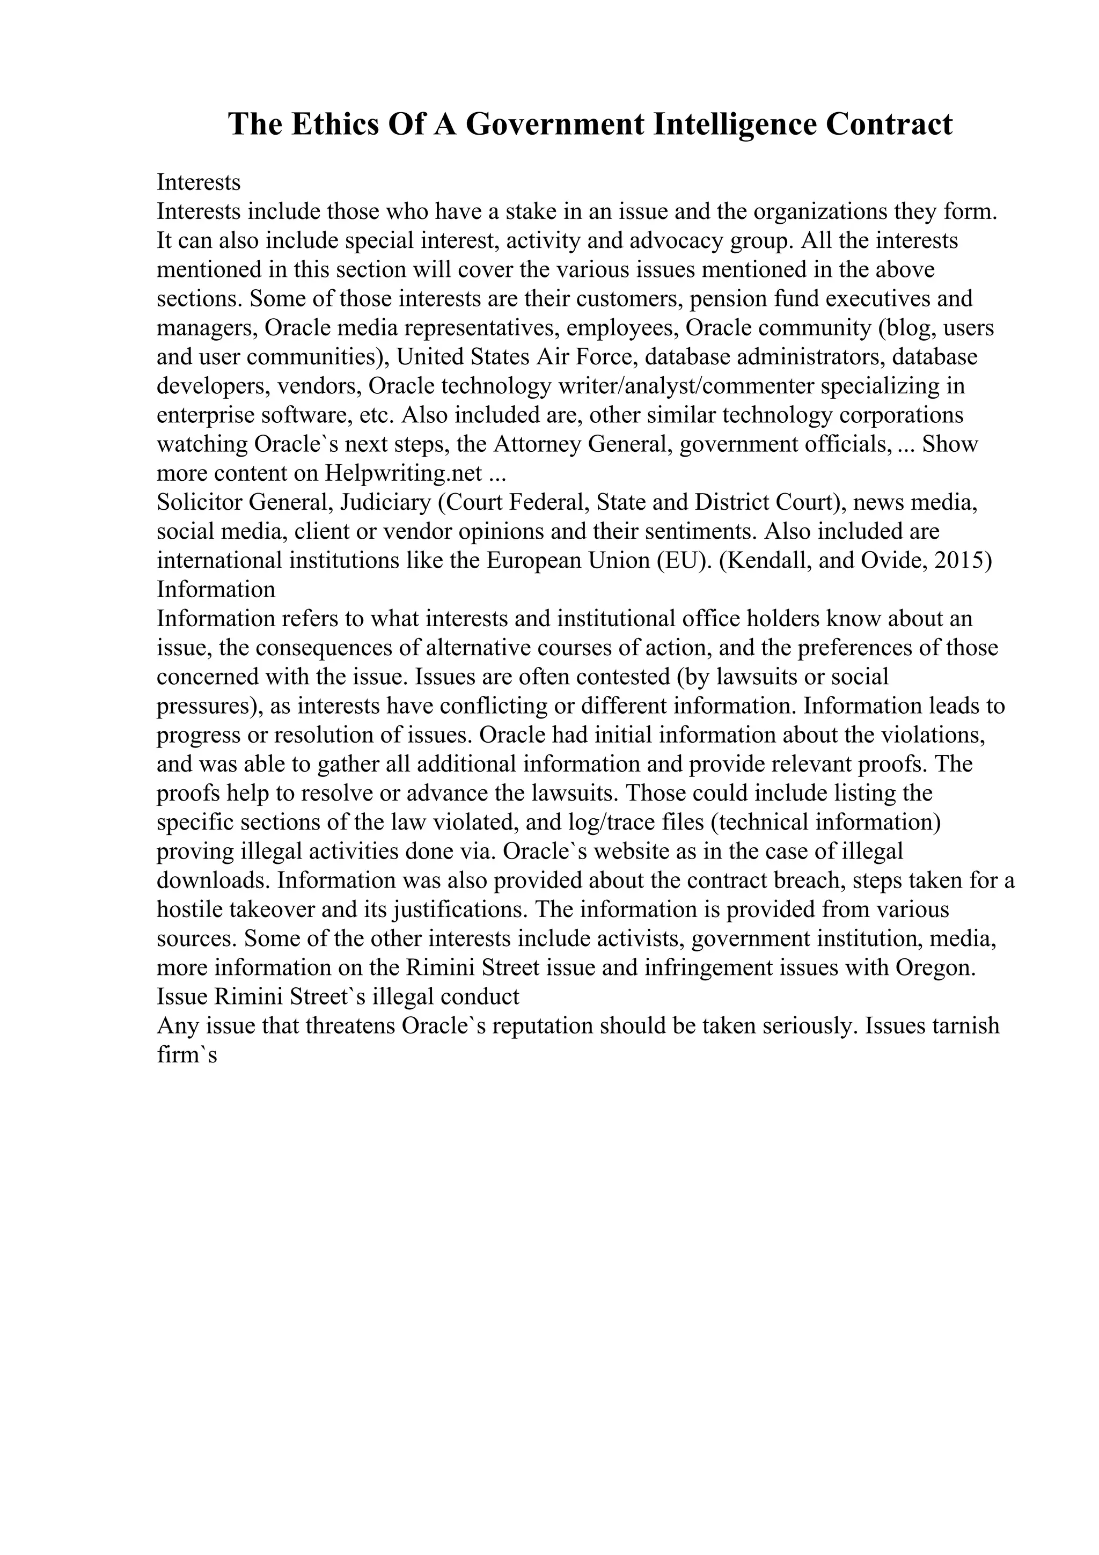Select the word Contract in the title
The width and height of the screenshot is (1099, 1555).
click(889, 124)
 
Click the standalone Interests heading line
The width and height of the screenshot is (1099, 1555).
click(199, 182)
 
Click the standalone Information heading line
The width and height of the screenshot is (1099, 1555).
click(216, 589)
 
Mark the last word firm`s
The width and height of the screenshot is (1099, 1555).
click(186, 1054)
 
